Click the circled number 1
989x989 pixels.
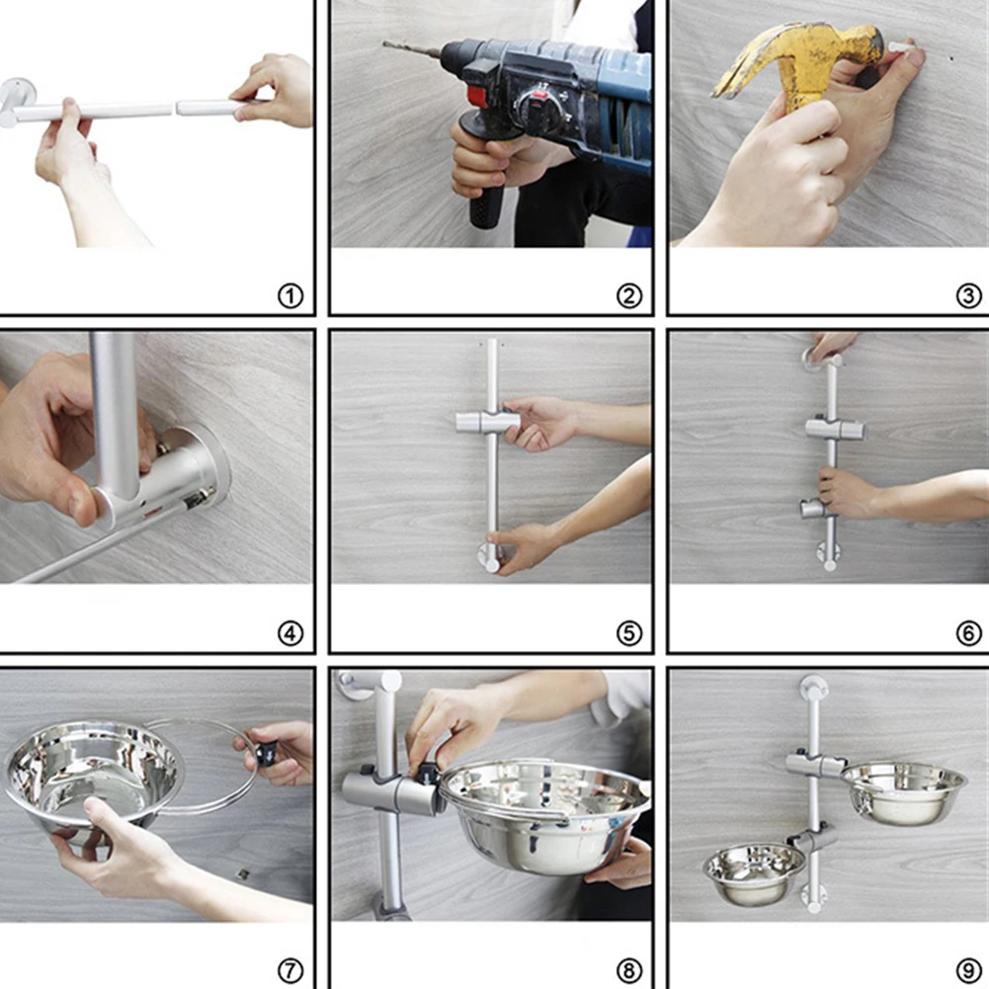pyautogui.click(x=290, y=295)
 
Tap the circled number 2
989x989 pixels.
pyautogui.click(x=628, y=295)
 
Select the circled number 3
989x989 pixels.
pyautogui.click(x=968, y=295)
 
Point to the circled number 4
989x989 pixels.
pyautogui.click(x=290, y=633)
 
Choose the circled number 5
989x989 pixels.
pyautogui.click(x=628, y=633)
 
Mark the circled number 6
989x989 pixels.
pyautogui.click(x=968, y=633)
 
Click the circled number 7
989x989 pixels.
pyautogui.click(x=290, y=970)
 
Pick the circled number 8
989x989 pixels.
pyautogui.click(x=628, y=970)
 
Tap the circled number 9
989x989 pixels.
pyautogui.click(x=968, y=970)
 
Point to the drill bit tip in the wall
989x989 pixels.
pyautogui.click(x=384, y=44)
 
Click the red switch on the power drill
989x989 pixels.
pyautogui.click(x=477, y=96)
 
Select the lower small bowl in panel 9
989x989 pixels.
pyautogui.click(x=754, y=873)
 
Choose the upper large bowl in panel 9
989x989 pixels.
pyautogui.click(x=903, y=791)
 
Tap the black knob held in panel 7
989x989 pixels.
pyautogui.click(x=266, y=755)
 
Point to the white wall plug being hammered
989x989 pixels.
pyautogui.click(x=901, y=47)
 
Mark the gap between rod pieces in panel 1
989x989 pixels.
pyautogui.click(x=174, y=108)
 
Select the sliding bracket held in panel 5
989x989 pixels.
pyautogui.click(x=487, y=421)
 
